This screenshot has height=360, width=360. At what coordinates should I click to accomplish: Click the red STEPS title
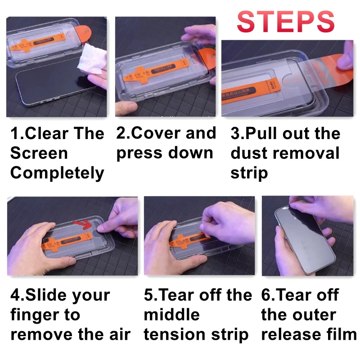point(285,21)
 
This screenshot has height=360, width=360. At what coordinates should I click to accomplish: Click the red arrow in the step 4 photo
point(83,224)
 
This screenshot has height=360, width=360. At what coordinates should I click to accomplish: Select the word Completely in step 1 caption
point(57,173)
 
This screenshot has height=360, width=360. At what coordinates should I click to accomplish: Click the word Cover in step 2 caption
point(157,133)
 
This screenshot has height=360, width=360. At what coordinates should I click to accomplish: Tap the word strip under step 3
point(249,173)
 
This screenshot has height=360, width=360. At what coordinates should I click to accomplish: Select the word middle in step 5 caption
point(172,315)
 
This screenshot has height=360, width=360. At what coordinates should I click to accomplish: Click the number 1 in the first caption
point(14,133)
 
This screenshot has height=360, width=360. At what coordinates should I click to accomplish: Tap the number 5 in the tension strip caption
point(148,295)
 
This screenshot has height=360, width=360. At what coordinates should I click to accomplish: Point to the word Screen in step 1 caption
point(39,153)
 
